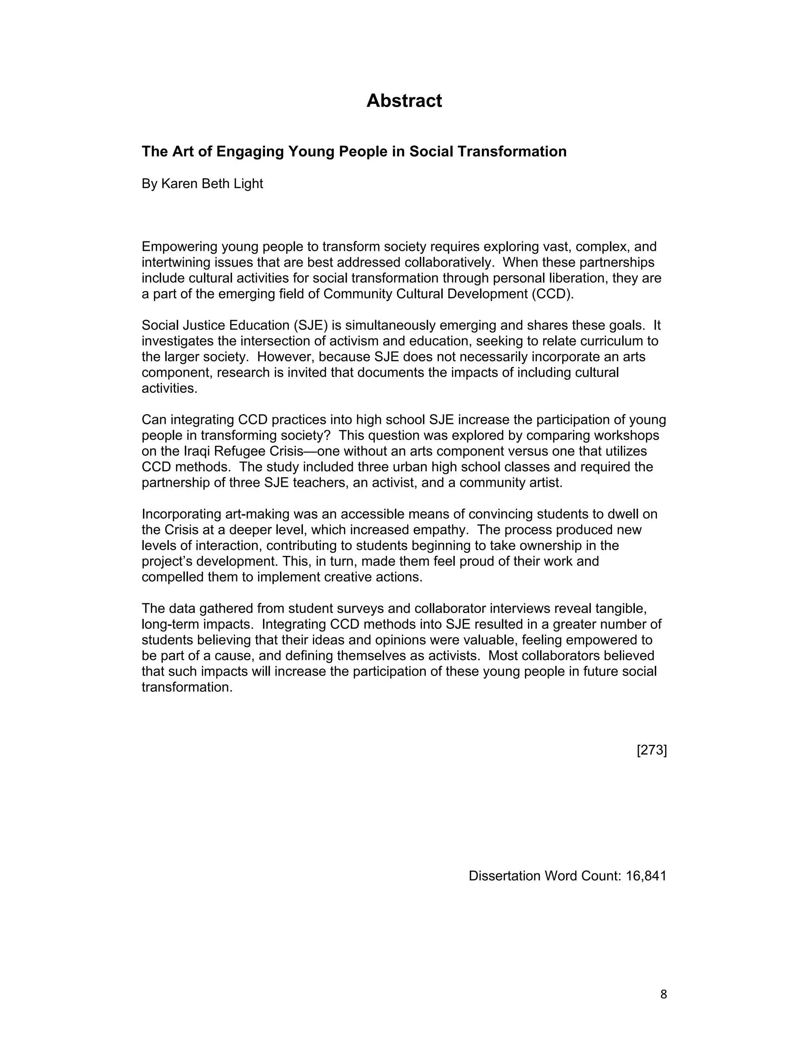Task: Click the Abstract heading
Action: [404, 101]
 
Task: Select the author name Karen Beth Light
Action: [212, 184]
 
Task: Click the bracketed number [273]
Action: [651, 750]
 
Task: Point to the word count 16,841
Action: [646, 876]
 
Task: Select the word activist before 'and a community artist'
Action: [391, 482]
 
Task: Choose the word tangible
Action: [621, 608]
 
